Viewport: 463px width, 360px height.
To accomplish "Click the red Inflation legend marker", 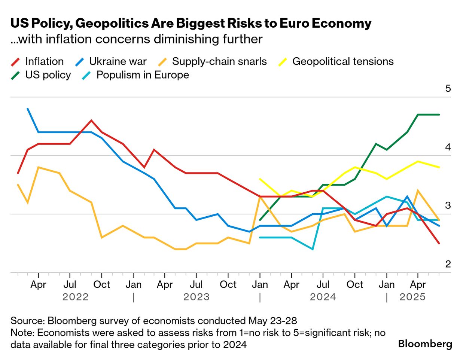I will pyautogui.click(x=15, y=62).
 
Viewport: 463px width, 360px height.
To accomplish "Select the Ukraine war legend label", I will pyautogui.click(x=118, y=61).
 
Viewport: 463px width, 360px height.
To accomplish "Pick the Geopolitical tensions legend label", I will pyautogui.click(x=342, y=61).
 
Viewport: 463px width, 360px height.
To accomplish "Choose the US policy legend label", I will pyautogui.click(x=48, y=75).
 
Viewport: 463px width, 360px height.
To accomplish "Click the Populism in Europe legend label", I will pyautogui.click(x=143, y=75).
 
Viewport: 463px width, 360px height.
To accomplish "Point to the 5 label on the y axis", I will pyautogui.click(x=448, y=89).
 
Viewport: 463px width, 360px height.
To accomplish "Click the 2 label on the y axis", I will pyautogui.click(x=448, y=264).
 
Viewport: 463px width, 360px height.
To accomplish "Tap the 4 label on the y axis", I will pyautogui.click(x=448, y=147).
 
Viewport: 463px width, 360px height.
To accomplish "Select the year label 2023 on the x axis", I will pyautogui.click(x=196, y=297).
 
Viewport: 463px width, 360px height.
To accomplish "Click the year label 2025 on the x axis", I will pyautogui.click(x=412, y=297).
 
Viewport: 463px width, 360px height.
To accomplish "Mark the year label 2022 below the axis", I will pyautogui.click(x=75, y=297).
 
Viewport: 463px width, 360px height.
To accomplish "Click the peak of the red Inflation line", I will pyautogui.click(x=91, y=120).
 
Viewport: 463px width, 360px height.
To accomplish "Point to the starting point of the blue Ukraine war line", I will pyautogui.click(x=28, y=109).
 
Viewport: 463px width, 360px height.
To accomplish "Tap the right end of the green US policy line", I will pyautogui.click(x=439, y=115).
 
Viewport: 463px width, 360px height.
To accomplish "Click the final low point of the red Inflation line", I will pyautogui.click(x=439, y=244).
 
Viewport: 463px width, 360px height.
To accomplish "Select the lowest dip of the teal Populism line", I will pyautogui.click(x=313, y=249).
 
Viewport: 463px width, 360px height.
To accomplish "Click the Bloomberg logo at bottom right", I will pyautogui.click(x=425, y=344).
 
